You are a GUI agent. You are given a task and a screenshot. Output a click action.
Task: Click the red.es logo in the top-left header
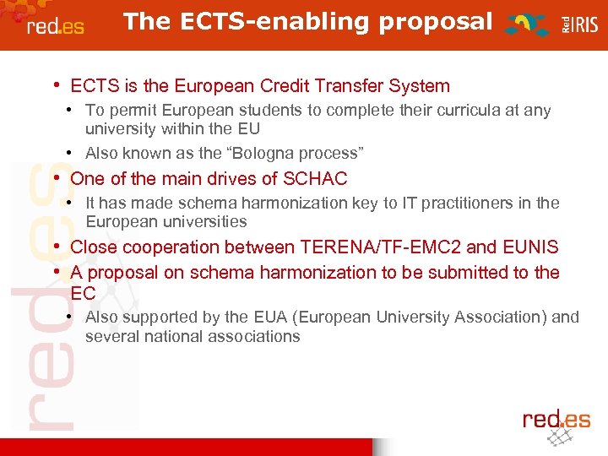55,25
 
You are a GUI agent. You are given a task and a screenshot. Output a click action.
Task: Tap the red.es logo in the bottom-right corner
556,422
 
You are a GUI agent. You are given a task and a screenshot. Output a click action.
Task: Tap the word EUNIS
530,247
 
